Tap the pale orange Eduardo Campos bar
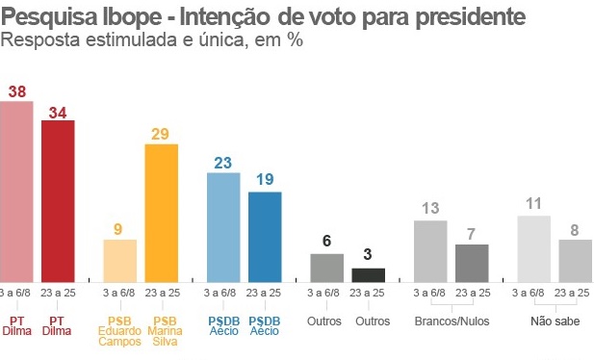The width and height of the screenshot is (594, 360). pos(120,259)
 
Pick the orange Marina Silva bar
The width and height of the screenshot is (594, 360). pos(161,211)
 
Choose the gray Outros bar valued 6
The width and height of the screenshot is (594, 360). pos(327,267)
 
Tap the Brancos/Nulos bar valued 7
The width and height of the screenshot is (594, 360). pos(472,262)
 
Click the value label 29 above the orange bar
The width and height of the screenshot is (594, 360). pos(161,134)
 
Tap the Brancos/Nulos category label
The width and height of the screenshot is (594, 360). pos(451,321)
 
